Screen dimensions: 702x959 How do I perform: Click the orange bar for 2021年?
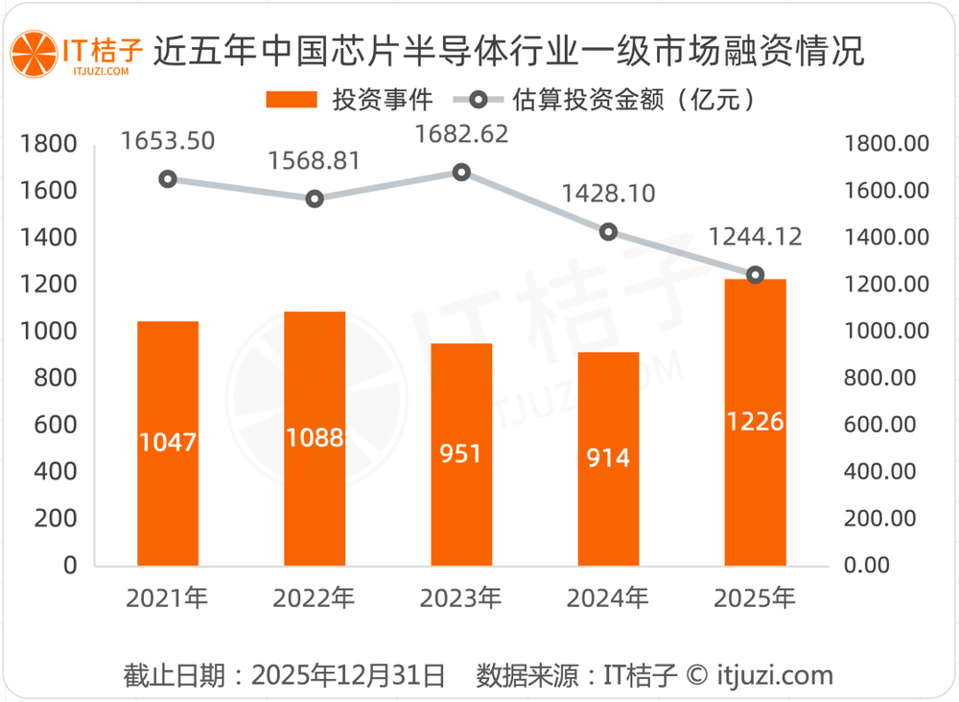[x=168, y=443]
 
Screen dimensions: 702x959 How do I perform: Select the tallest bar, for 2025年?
[x=755, y=422]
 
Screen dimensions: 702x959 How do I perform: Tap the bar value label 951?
[x=461, y=454]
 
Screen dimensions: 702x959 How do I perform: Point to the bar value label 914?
[x=608, y=458]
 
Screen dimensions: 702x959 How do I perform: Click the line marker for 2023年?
[x=461, y=173]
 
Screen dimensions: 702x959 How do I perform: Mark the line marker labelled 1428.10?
[x=608, y=232]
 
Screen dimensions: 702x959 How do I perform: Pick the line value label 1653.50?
[x=168, y=141]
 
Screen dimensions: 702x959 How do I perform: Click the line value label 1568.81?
[x=315, y=161]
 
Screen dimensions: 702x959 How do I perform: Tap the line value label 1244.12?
[x=755, y=236]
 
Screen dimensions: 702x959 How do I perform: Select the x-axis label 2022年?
[x=315, y=599]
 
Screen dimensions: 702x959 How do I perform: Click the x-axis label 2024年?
[x=608, y=599]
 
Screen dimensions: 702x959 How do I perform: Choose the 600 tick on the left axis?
[x=56, y=424]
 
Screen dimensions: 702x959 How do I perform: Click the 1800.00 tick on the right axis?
[x=886, y=144]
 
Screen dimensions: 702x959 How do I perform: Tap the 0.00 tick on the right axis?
[x=868, y=565]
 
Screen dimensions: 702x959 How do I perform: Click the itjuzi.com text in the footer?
[x=775, y=675]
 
